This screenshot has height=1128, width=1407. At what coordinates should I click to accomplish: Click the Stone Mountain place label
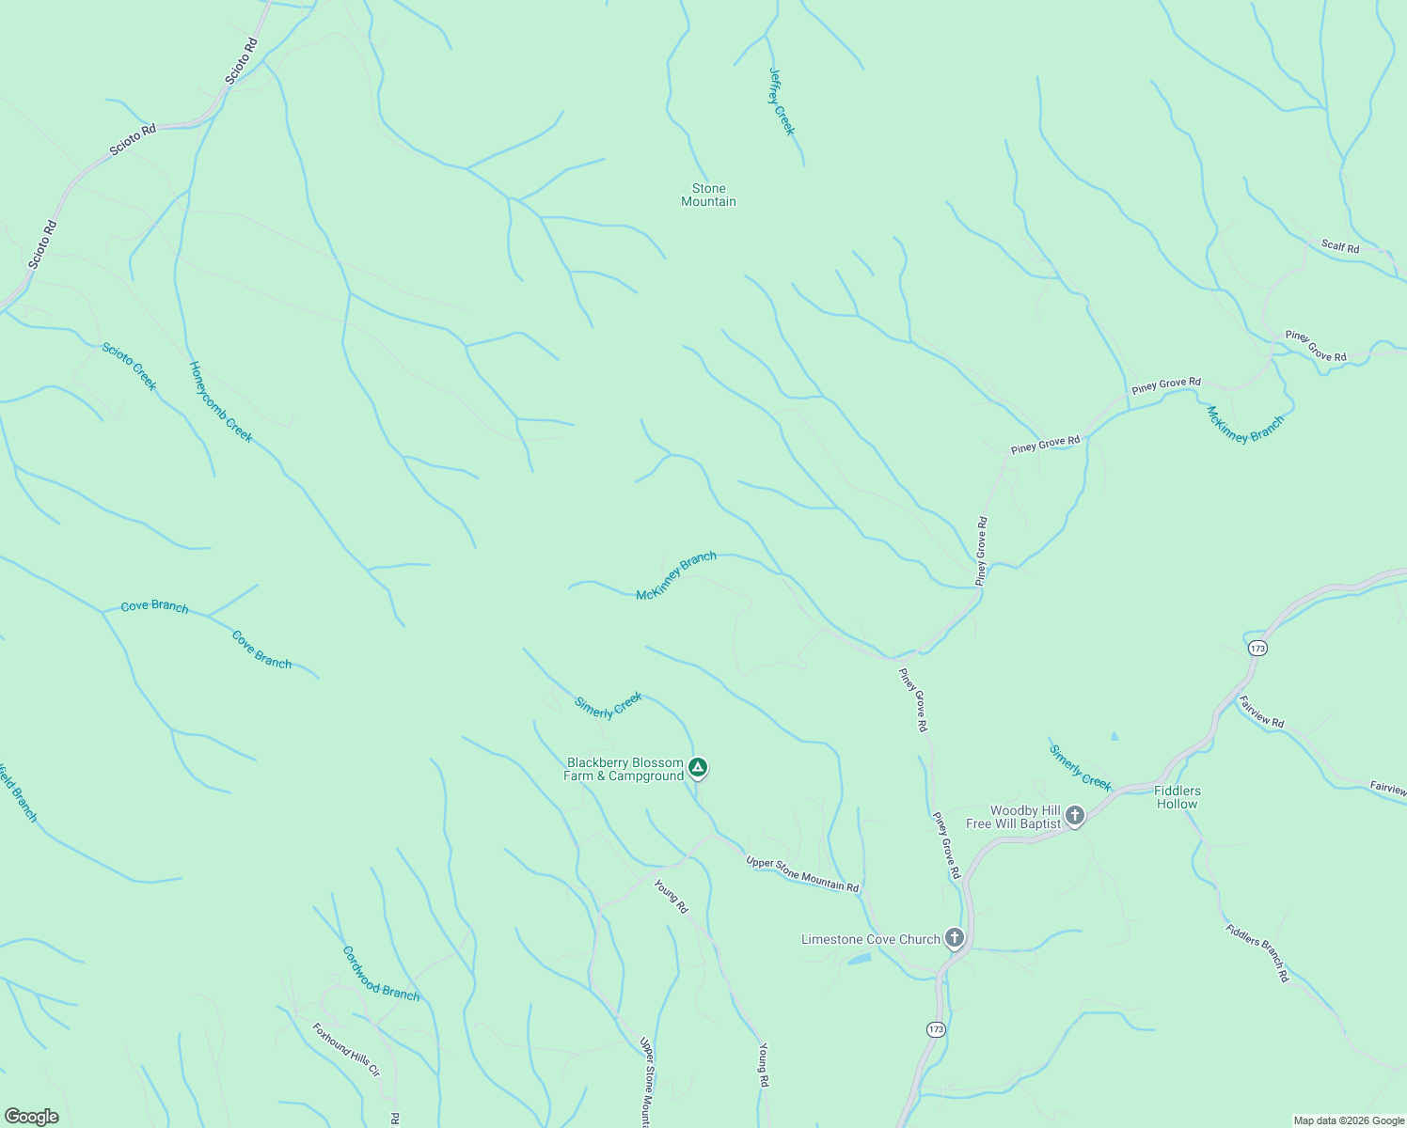coord(708,196)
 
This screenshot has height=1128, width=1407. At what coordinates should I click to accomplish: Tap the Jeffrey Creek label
coord(782,102)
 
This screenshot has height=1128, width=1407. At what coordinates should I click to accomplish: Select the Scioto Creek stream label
coord(130,367)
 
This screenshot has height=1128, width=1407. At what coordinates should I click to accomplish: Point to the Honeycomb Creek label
coord(221,402)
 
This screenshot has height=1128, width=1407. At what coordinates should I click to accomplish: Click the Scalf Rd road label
coord(1339,247)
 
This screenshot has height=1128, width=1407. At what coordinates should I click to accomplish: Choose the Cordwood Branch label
coord(381,973)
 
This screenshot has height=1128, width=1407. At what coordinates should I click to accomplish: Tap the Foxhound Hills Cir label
coord(346,1049)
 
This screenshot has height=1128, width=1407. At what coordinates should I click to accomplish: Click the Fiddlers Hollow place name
coord(1177,797)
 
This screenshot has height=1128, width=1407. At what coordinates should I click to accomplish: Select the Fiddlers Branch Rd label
coord(1257,953)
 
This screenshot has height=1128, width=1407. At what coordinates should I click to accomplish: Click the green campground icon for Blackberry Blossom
coord(698,768)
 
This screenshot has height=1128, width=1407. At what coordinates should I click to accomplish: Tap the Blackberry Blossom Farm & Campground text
coord(624,770)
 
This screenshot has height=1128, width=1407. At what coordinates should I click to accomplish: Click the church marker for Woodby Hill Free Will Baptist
coord(1075,815)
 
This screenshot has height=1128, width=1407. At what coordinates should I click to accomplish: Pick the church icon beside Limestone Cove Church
coord(955,937)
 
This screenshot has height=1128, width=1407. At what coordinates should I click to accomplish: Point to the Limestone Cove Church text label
coord(870,939)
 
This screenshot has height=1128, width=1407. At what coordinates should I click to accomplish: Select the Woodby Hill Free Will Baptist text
coord(1013,817)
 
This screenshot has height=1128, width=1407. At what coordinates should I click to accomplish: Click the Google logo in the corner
coord(31,1117)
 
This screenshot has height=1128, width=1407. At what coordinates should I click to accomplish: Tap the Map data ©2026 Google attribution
coord(1348,1120)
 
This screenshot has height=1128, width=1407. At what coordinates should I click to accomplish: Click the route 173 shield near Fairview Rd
coord(1257,649)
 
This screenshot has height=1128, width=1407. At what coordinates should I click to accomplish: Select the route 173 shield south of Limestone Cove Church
coord(935,1029)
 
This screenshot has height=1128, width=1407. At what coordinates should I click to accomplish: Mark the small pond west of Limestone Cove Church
coord(859,960)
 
